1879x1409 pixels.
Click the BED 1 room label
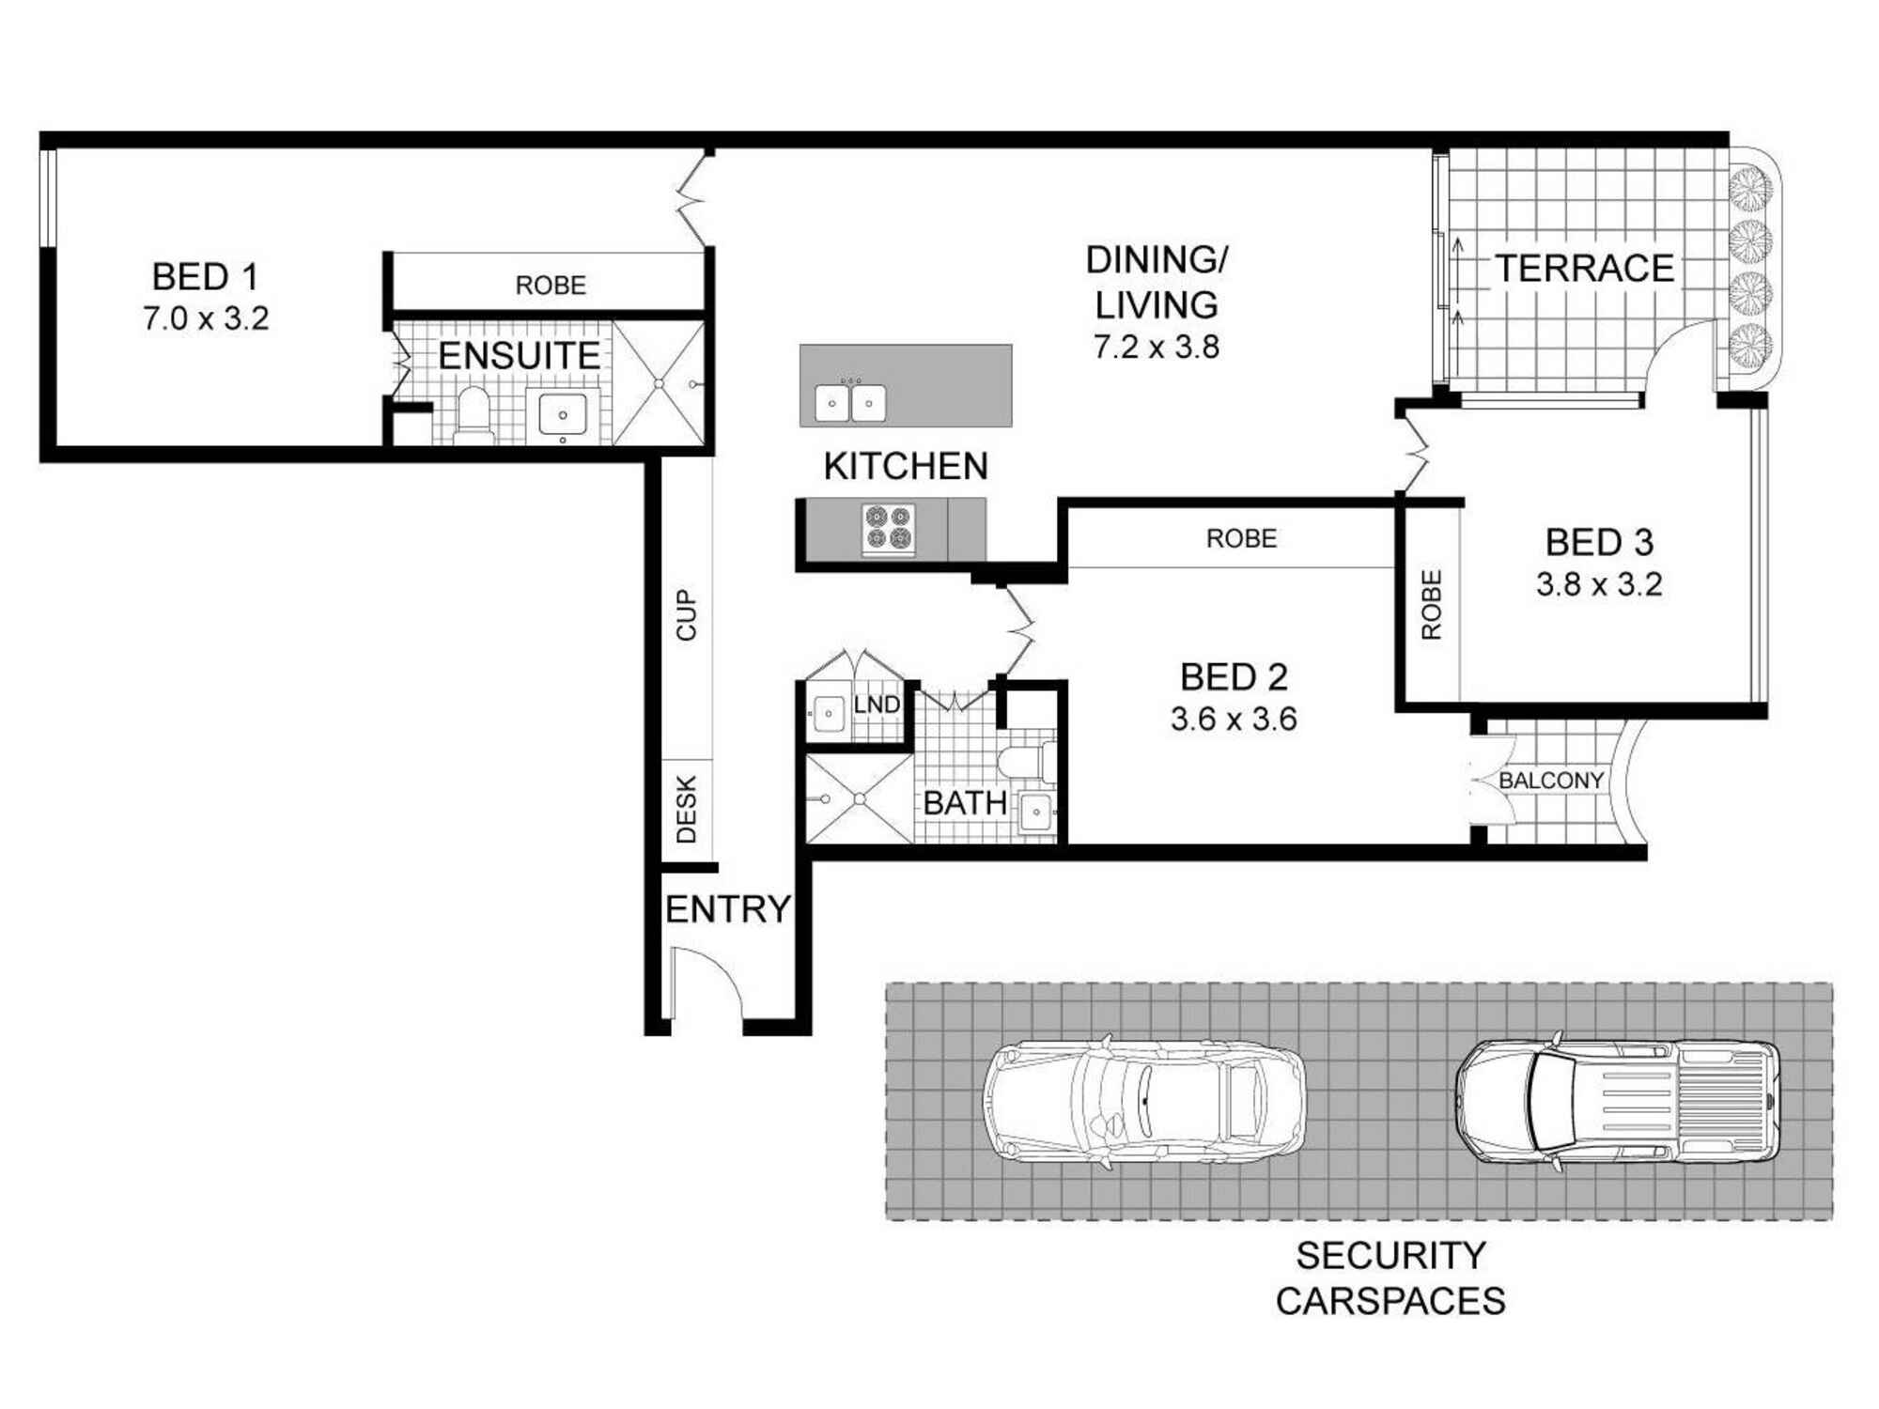pos(205,277)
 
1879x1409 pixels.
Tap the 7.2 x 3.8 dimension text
pos(1157,348)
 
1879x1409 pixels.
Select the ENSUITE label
pos(520,356)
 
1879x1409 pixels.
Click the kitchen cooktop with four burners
pos(889,528)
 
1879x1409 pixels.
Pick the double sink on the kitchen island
pos(850,402)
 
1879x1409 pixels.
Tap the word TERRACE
pos(1585,269)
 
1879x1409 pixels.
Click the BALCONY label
pos(1551,781)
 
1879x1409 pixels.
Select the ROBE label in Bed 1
pos(551,286)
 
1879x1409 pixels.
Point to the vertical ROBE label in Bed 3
pos(1431,605)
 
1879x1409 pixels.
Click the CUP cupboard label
pos(687,615)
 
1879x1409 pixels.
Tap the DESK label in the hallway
pos(687,809)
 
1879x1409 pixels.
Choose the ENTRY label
pos(728,909)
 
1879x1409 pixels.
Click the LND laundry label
pos(877,704)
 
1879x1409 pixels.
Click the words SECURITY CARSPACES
pos(1390,1278)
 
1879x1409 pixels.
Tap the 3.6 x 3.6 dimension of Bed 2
pos(1234,720)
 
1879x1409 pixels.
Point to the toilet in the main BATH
pos(1026,761)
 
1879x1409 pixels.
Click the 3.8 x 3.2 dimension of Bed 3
pos(1599,585)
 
